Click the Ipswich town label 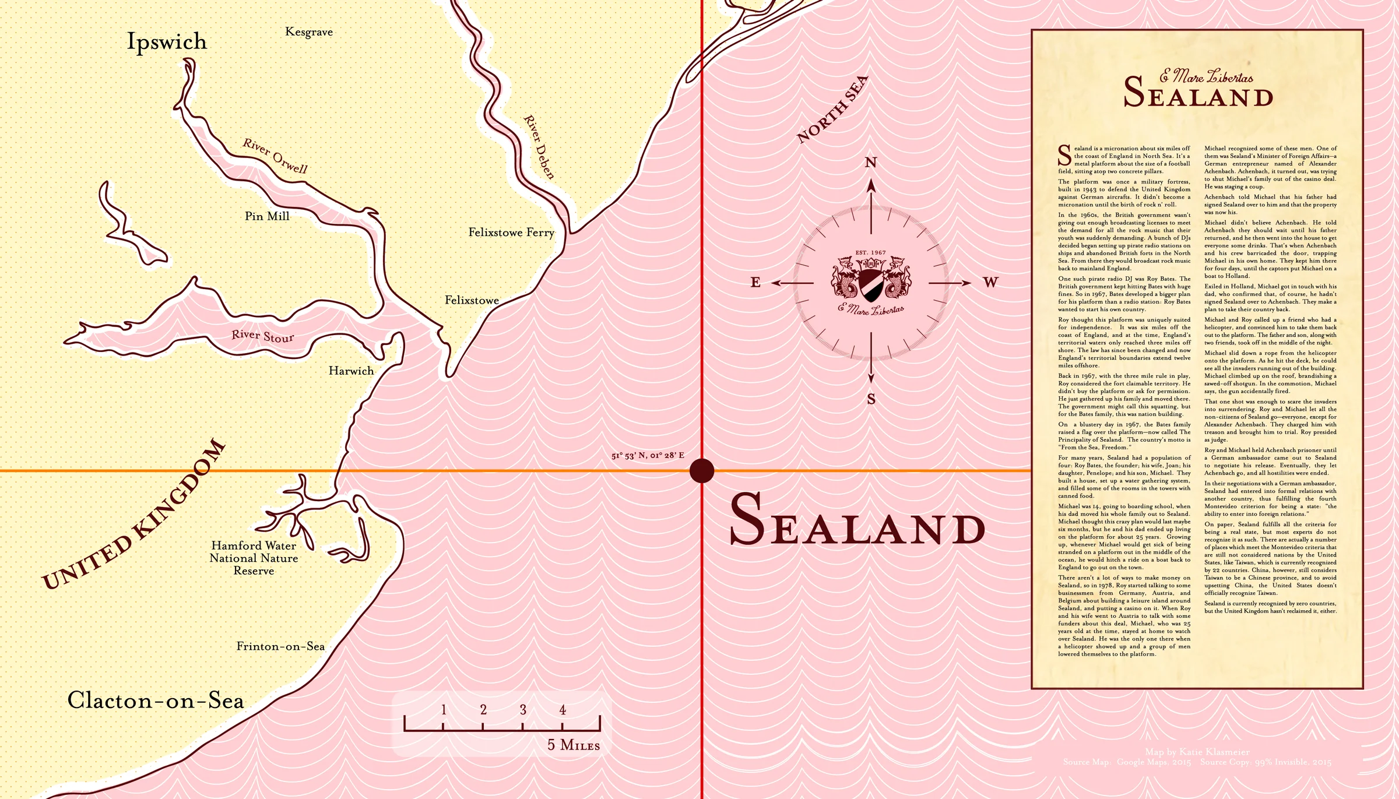coord(167,42)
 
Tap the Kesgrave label coord(309,32)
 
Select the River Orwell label coord(275,156)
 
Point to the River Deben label coord(539,147)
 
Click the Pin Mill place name coord(267,216)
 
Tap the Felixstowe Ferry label coord(511,233)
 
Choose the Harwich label coord(351,371)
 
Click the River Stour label coord(262,336)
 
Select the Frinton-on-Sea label coord(280,646)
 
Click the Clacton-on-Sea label coord(156,700)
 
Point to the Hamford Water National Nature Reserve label coord(254,558)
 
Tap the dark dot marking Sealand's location coord(702,470)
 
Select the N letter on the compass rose coord(871,163)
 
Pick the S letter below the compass coord(871,399)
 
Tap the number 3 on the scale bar coord(523,709)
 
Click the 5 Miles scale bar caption coord(573,745)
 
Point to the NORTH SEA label coord(832,110)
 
